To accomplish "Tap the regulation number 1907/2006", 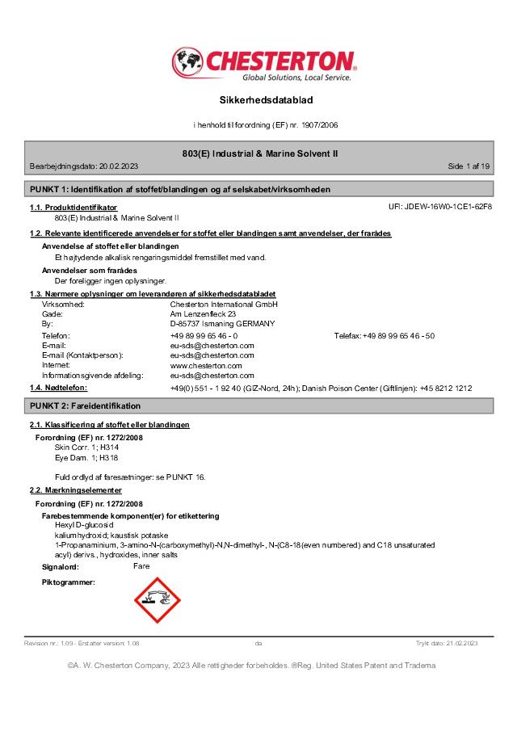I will [319, 126].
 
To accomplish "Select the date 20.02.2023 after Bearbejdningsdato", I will [118, 166].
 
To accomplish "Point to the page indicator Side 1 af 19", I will [469, 166].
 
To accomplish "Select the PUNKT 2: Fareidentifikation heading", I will [85, 405].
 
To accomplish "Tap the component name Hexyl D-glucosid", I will [83, 525].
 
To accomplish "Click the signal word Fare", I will [141, 566].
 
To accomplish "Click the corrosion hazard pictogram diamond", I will [154, 601].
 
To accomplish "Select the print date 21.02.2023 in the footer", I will [459, 644].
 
